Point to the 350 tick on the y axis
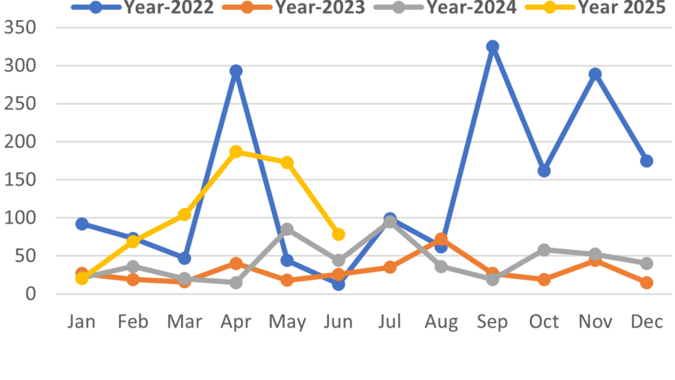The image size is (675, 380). tap(20, 28)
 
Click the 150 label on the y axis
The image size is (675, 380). tap(20, 180)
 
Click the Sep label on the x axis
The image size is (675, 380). tap(493, 322)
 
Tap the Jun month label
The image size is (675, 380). tap(339, 322)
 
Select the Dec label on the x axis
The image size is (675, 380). tap(646, 322)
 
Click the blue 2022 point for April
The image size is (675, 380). tap(236, 71)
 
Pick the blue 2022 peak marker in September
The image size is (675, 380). tap(493, 46)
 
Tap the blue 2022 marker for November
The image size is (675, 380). tap(595, 74)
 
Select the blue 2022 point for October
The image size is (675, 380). tap(544, 171)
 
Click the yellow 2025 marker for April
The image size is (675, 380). tap(236, 152)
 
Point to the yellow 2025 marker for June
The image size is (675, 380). tap(339, 235)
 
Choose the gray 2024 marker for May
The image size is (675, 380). tap(287, 229)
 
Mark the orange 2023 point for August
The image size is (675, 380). tap(441, 239)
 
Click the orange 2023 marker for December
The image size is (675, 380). tap(646, 283)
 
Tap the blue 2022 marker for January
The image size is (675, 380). tap(82, 224)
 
